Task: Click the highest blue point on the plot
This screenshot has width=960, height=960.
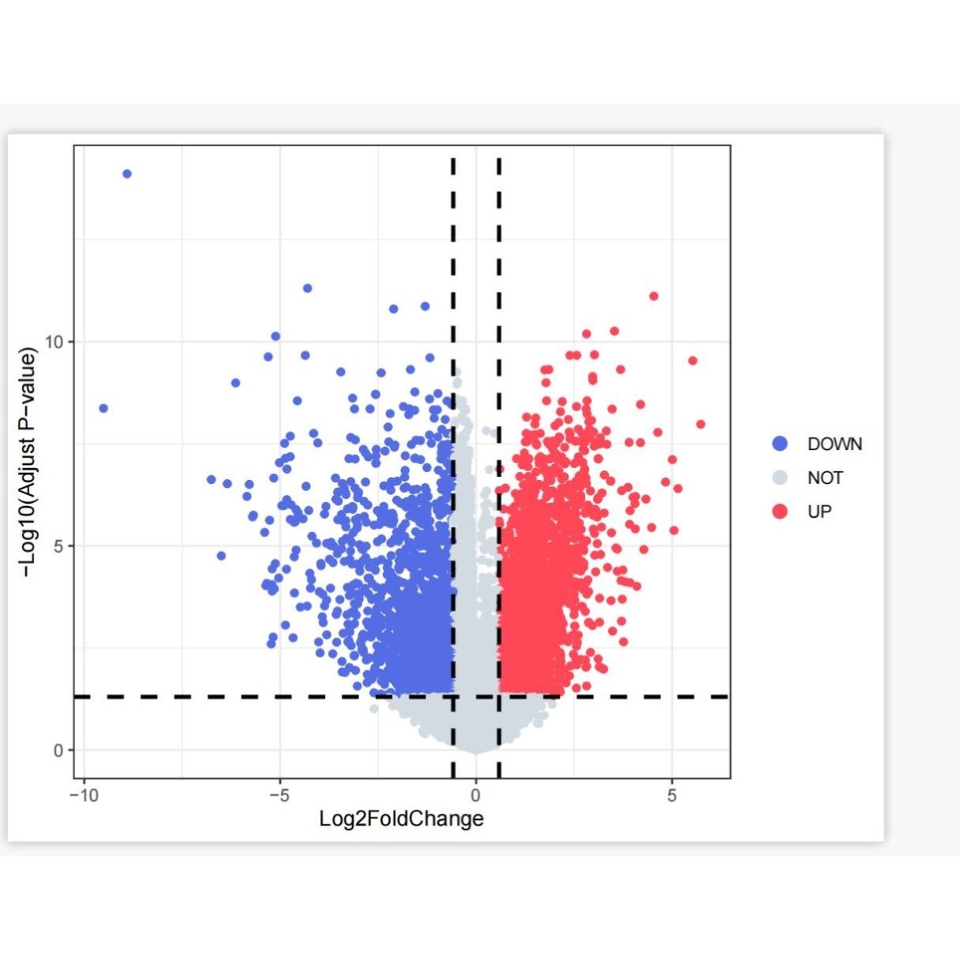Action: tap(127, 174)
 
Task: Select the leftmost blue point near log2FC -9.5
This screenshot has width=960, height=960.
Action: tap(103, 408)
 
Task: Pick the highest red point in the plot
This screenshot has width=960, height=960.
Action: tap(653, 297)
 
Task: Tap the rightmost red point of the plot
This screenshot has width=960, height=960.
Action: tap(700, 425)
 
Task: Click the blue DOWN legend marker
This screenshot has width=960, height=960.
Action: tap(780, 444)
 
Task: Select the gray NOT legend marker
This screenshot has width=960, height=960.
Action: tap(780, 478)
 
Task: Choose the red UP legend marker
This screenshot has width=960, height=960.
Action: tap(780, 512)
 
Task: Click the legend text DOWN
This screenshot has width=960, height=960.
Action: tap(834, 444)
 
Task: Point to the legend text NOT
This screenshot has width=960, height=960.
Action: tap(825, 478)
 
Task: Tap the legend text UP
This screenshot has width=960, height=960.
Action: tap(819, 512)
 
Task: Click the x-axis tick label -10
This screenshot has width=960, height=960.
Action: tap(83, 796)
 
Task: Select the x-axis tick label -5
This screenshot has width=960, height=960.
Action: tap(279, 796)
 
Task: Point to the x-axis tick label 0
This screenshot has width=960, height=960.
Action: tap(475, 796)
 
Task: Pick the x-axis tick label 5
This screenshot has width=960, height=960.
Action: tap(671, 796)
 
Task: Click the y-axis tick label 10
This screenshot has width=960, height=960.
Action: tap(54, 342)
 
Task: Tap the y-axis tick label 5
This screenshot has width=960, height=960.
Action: tap(59, 546)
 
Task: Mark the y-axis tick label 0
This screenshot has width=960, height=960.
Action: tap(59, 750)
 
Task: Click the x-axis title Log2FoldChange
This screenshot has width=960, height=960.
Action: tap(401, 818)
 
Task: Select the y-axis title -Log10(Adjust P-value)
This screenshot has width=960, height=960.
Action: tap(28, 463)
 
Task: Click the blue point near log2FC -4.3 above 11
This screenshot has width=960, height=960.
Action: tap(308, 289)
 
